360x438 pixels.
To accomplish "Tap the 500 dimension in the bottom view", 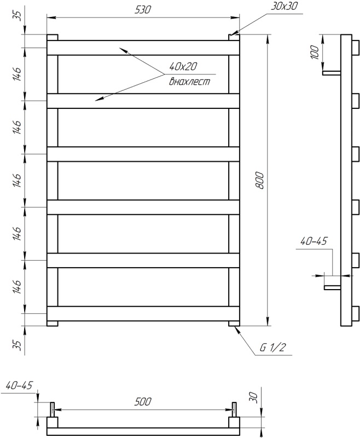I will click(143, 402).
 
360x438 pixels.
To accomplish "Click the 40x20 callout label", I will click(183, 67).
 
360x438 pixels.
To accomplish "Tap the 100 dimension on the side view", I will click(313, 53).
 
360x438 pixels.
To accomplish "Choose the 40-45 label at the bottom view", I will click(19, 385).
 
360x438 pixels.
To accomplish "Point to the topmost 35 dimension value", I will click(16, 15).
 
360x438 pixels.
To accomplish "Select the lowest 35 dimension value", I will click(16, 345).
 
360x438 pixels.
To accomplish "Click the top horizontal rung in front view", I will click(143, 48).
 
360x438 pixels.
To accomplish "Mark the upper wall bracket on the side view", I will click(331, 72).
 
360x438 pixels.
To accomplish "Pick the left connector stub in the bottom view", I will click(53, 409).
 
